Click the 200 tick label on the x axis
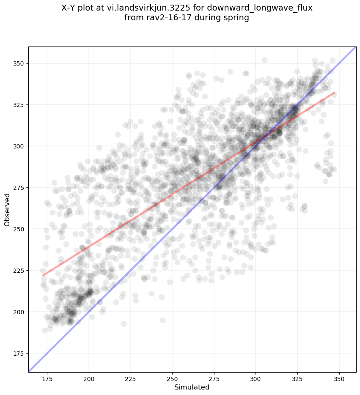[x=89, y=378]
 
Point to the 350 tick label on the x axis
[x=339, y=378]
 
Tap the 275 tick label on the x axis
[x=214, y=378]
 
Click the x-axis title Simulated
[x=192, y=387]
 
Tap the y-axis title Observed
[x=7, y=210]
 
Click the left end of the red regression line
[x=42, y=276]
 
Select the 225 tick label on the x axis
[x=131, y=378]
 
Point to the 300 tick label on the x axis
[x=256, y=378]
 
